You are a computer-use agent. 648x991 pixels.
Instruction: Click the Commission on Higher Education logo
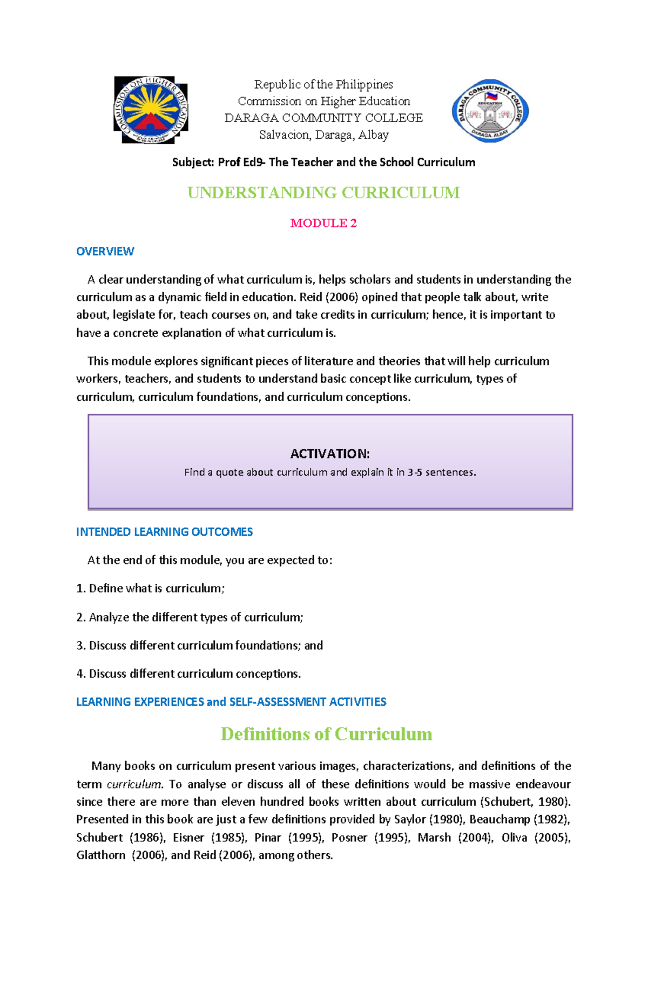151,110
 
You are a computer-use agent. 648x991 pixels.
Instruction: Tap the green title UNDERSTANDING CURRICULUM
323,193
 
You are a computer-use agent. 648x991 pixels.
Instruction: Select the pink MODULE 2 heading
323,223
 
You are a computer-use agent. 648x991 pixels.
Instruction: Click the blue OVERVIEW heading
105,251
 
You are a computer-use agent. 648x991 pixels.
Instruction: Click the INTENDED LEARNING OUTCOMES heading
164,532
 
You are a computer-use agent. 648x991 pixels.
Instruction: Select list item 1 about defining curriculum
150,588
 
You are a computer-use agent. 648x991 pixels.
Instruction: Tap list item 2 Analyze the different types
190,617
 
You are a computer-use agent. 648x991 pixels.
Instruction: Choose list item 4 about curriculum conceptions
188,673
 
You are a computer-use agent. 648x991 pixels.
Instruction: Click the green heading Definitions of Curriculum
326,734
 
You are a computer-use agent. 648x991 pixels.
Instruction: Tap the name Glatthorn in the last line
100,855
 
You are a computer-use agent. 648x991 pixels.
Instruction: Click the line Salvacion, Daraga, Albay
323,135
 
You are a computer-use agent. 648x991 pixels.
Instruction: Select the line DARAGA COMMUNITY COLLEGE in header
323,118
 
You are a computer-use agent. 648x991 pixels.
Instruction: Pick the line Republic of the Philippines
323,84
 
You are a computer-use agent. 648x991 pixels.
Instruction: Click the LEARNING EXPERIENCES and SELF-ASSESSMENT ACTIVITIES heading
231,702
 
